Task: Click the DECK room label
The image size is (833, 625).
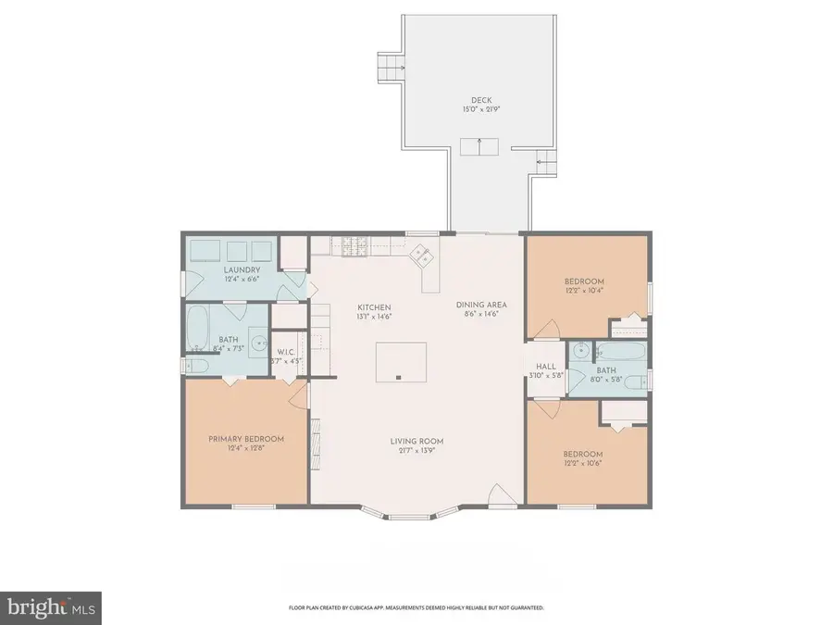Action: tap(479, 100)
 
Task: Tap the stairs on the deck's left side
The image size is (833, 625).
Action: tap(392, 68)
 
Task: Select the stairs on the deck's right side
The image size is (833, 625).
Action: tap(546, 163)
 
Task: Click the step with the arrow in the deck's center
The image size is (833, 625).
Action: tap(479, 145)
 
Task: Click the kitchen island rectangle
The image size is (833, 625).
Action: tap(401, 361)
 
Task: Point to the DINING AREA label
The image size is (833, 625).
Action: tap(481, 305)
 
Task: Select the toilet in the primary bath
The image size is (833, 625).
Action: tap(197, 366)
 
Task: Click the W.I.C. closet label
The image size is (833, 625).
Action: tap(286, 352)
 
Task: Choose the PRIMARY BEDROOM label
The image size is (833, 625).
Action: tap(245, 439)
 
